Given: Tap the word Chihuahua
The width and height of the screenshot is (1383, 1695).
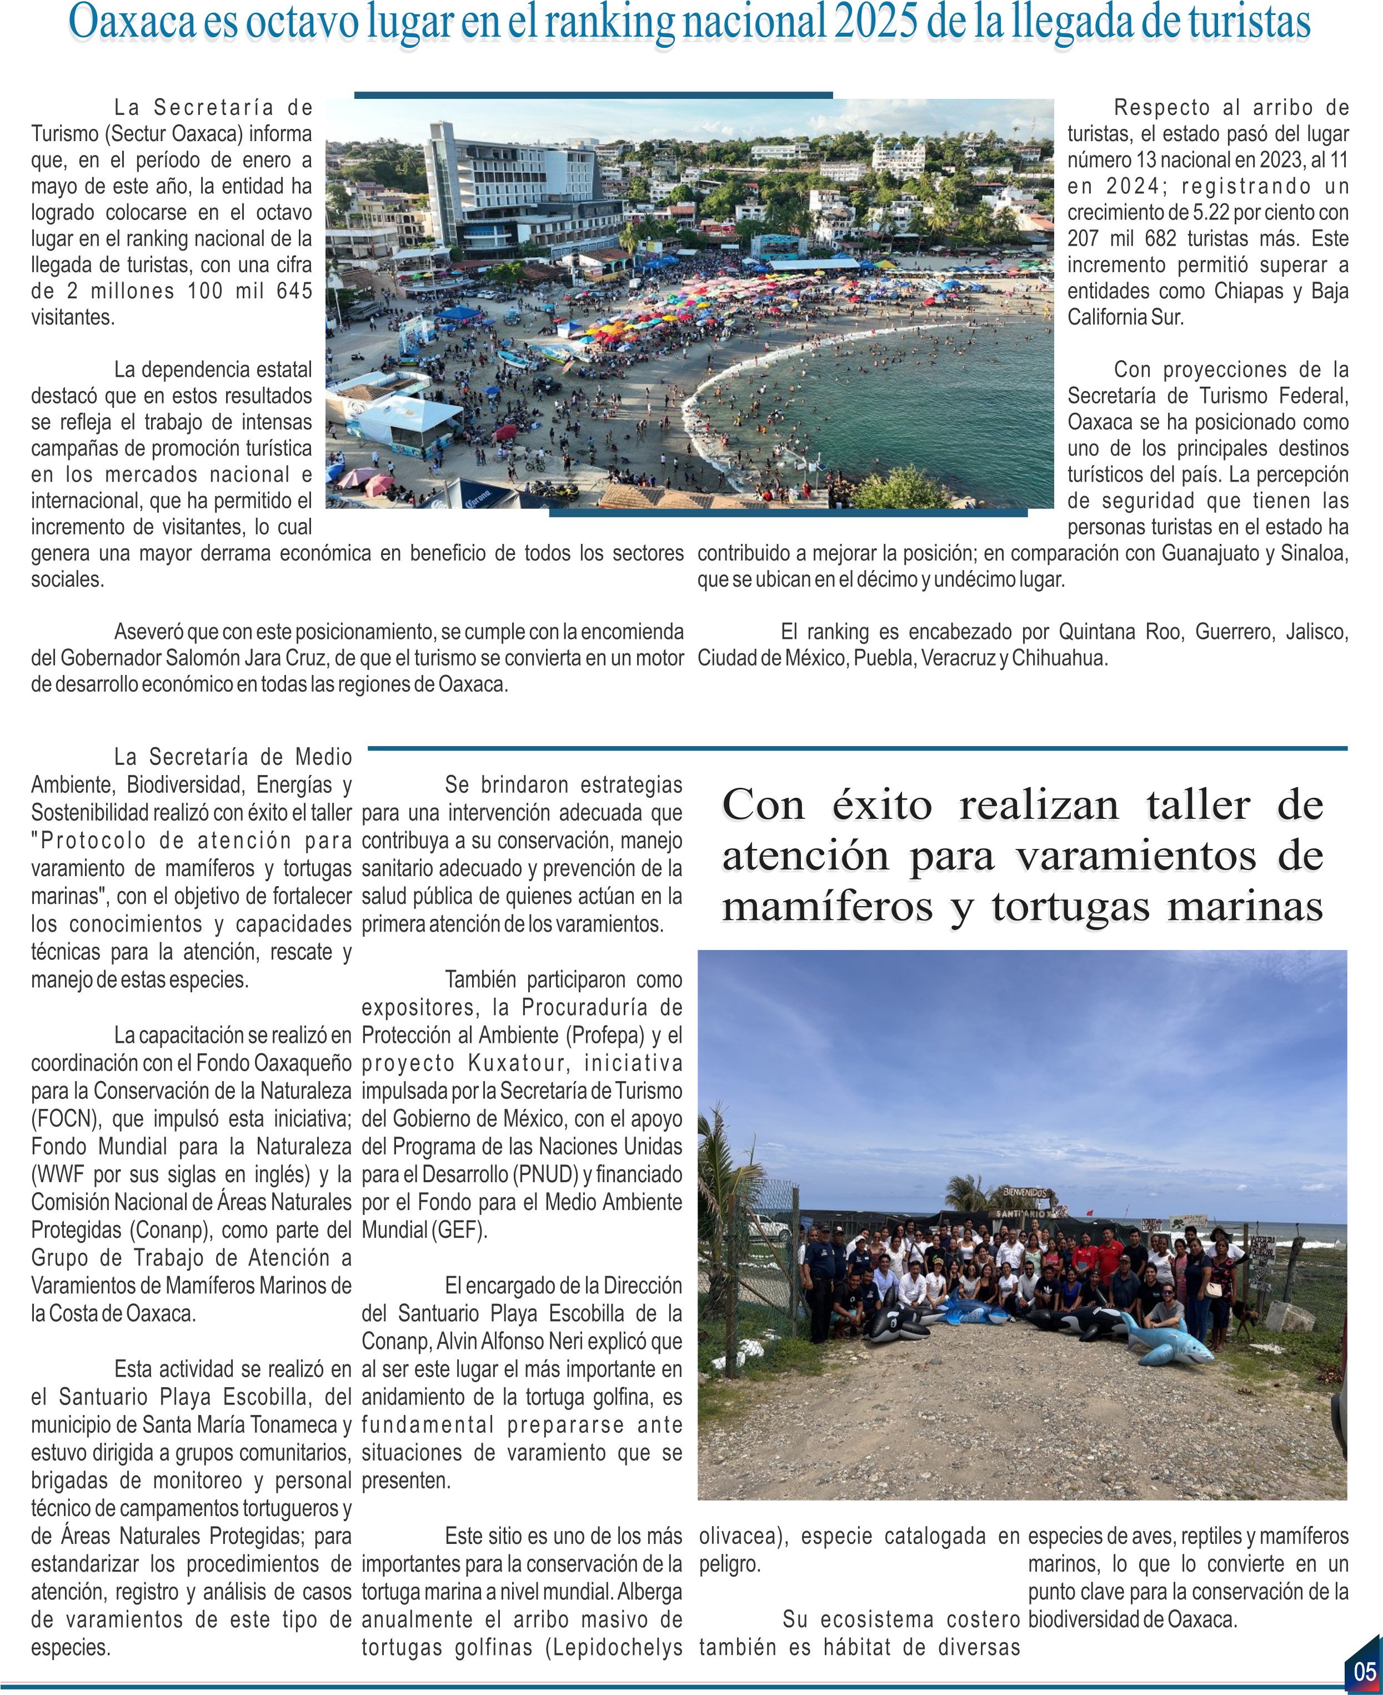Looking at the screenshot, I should coord(1058,658).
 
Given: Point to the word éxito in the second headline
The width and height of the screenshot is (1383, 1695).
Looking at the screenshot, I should coord(882,805).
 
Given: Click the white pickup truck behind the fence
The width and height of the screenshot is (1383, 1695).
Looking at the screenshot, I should coord(768,1226).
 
